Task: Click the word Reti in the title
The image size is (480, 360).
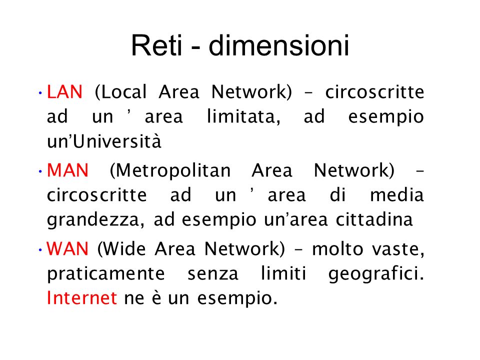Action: point(156,45)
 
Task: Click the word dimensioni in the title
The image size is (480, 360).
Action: point(279,45)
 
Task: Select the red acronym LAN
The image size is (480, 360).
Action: point(64,92)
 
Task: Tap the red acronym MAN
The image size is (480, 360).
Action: point(67,170)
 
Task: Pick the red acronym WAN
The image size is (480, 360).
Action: point(67,248)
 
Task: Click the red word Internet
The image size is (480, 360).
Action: point(81,297)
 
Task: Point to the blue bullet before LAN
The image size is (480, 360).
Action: point(40,92)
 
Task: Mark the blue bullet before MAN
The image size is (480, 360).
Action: point(40,171)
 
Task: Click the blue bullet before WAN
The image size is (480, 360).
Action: point(40,249)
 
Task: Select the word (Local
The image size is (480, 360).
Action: point(121,92)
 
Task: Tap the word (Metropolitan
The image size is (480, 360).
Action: point(170,171)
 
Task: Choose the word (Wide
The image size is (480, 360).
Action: point(121,249)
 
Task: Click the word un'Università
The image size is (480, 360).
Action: point(104,141)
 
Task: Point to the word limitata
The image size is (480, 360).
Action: point(243,116)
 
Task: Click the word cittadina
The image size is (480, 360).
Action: point(374,219)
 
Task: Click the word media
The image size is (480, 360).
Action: point(397,194)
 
